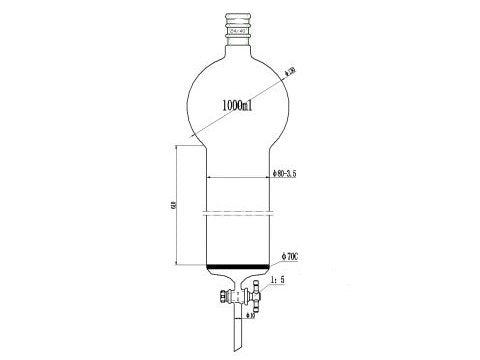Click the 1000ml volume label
click(x=240, y=104)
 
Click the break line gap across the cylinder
click(x=239, y=213)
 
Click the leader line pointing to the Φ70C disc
click(x=277, y=263)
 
